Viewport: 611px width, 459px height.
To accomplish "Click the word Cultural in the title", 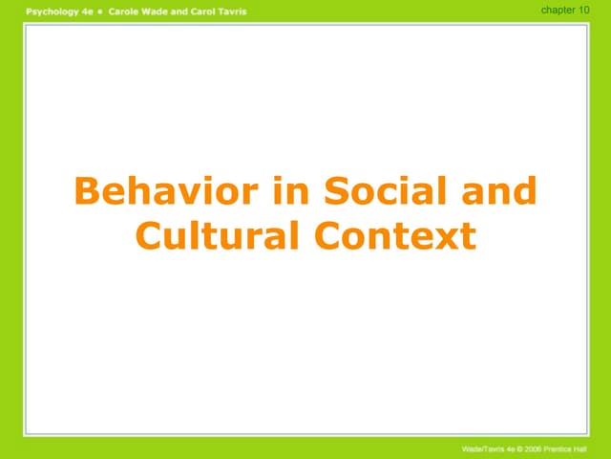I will point(215,235).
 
